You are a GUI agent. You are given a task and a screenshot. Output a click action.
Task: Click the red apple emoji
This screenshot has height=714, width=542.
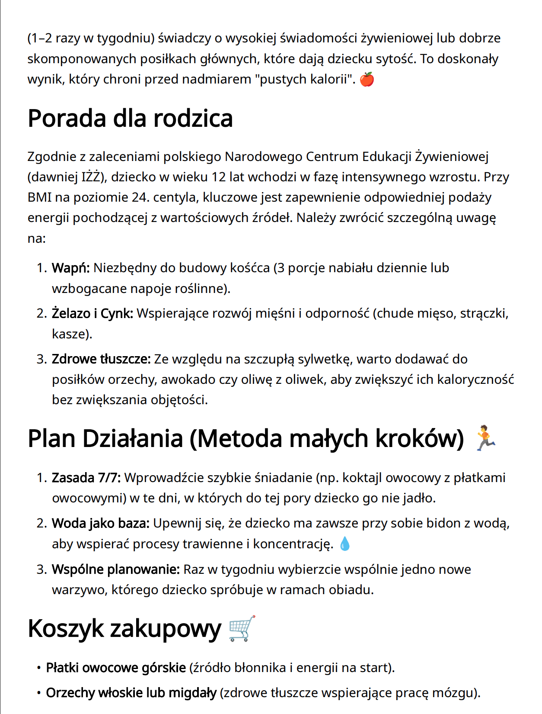(367, 80)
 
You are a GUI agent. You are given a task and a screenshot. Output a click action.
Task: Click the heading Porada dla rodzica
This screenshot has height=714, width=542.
(130, 119)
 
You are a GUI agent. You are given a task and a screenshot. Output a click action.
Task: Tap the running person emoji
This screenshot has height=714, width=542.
(485, 438)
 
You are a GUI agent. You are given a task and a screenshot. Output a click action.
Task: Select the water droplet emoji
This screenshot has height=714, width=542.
(345, 544)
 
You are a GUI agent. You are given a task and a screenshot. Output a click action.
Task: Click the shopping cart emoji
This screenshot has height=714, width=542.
(242, 628)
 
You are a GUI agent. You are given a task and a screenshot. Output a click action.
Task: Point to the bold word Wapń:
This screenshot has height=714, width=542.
(70, 268)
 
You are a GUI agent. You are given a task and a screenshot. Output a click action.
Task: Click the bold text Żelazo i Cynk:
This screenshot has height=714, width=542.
(92, 314)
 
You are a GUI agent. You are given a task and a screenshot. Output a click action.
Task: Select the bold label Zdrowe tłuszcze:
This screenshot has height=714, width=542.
(101, 359)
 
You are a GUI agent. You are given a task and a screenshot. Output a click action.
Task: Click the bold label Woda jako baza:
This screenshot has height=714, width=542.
(100, 524)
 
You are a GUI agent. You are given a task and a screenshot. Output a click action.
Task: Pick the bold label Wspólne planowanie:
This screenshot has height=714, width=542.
(115, 569)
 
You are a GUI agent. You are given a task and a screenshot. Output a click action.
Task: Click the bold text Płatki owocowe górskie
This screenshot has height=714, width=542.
(116, 668)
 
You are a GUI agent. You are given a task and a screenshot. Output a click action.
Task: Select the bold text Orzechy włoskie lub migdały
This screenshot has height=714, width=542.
(131, 693)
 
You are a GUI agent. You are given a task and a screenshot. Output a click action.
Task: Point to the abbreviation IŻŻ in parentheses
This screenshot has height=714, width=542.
(93, 177)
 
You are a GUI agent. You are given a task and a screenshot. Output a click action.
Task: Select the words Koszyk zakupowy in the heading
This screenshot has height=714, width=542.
(124, 628)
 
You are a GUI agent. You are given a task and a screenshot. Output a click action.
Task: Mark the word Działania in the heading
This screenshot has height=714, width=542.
(132, 438)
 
